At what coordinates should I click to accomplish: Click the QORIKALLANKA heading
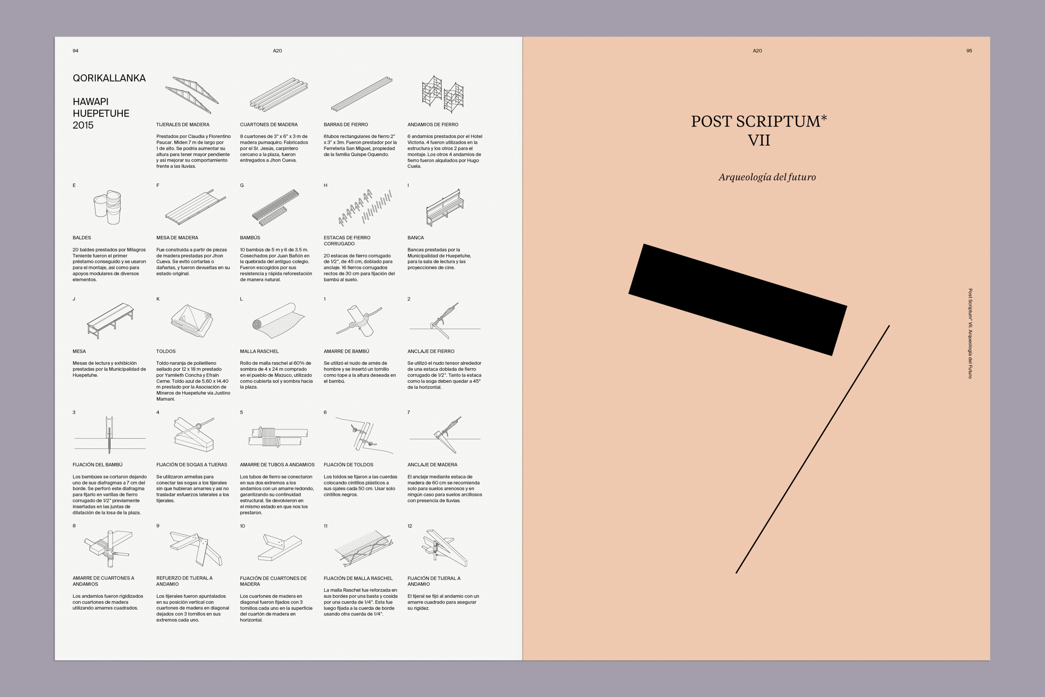tap(109, 78)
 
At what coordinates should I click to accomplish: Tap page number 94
tap(76, 51)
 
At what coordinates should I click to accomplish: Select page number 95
tap(969, 51)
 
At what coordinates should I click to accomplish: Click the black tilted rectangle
tap(738, 299)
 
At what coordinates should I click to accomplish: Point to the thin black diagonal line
tap(812, 449)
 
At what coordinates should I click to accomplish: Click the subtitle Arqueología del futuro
tap(767, 177)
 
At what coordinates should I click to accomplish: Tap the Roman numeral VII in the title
tap(759, 140)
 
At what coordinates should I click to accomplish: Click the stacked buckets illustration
tap(108, 207)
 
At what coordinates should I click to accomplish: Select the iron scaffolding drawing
tap(443, 94)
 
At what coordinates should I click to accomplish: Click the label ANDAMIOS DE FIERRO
tap(433, 124)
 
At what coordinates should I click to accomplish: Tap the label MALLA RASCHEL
tap(260, 351)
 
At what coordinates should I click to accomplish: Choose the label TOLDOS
tap(166, 351)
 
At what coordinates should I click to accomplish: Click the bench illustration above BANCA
tap(445, 207)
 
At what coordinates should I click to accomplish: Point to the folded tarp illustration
tap(192, 320)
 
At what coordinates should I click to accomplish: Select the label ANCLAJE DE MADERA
tap(433, 464)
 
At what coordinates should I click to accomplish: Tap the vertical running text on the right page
tap(970, 333)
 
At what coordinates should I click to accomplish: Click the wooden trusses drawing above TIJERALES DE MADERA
tap(192, 95)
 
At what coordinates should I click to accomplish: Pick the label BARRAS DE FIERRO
tap(346, 124)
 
